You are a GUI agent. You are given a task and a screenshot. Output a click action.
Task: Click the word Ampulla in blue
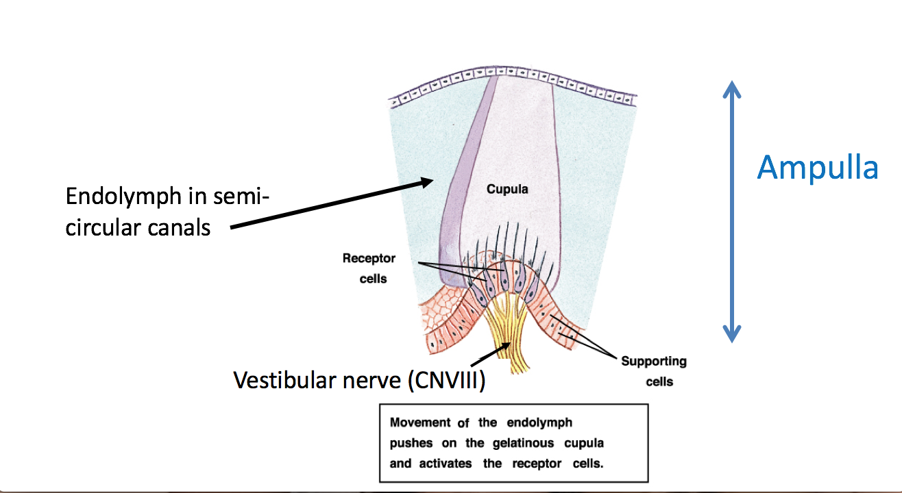[x=817, y=168]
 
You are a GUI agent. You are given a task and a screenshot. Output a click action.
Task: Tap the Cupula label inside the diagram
[x=507, y=189]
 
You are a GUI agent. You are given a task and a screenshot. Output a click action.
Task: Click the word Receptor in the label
[x=369, y=259]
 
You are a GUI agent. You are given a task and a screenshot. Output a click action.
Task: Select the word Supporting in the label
[x=653, y=362]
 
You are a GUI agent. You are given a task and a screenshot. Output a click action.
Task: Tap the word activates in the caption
[x=444, y=464]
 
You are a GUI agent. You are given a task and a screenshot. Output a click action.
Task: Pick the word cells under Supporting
[x=659, y=381]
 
